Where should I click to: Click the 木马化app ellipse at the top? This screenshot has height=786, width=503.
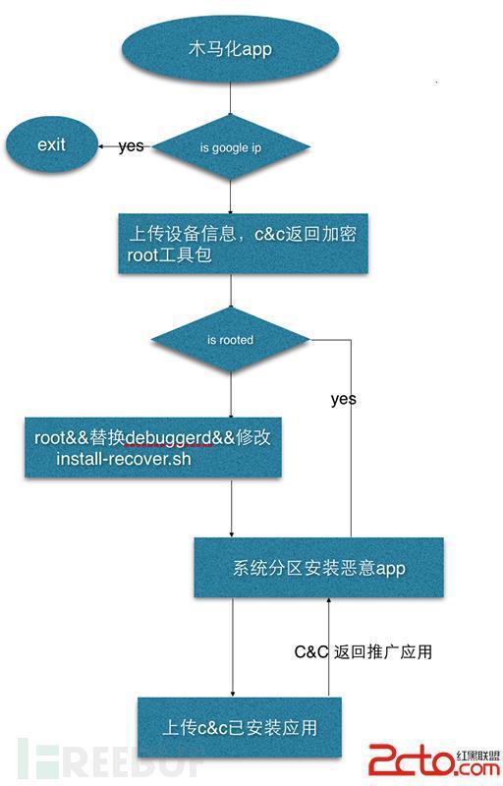click(x=231, y=48)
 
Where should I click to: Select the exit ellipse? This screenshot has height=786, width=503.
click(x=52, y=144)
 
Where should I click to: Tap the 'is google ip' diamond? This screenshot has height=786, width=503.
click(x=231, y=147)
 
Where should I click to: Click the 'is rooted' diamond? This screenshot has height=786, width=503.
click(x=231, y=340)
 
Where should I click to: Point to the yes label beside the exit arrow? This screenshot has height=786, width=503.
click(x=132, y=145)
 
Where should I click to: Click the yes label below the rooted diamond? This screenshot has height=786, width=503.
click(x=344, y=399)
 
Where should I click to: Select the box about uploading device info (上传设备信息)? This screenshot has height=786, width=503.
click(x=243, y=244)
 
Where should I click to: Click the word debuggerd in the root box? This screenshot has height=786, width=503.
click(x=168, y=438)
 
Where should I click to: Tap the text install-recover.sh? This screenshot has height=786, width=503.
click(x=123, y=459)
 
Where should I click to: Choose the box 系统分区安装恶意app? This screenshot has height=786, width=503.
click(x=318, y=568)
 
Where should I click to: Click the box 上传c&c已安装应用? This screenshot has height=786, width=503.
click(x=240, y=727)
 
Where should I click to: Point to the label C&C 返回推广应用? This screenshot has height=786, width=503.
click(x=363, y=651)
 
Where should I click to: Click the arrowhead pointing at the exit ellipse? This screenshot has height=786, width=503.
click(x=101, y=146)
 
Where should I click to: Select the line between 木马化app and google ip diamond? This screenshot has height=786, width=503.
click(x=231, y=98)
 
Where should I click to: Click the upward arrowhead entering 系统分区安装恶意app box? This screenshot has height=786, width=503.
click(x=329, y=600)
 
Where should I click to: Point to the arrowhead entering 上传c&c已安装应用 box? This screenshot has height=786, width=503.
click(x=233, y=694)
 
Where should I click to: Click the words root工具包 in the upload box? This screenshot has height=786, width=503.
click(x=169, y=255)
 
